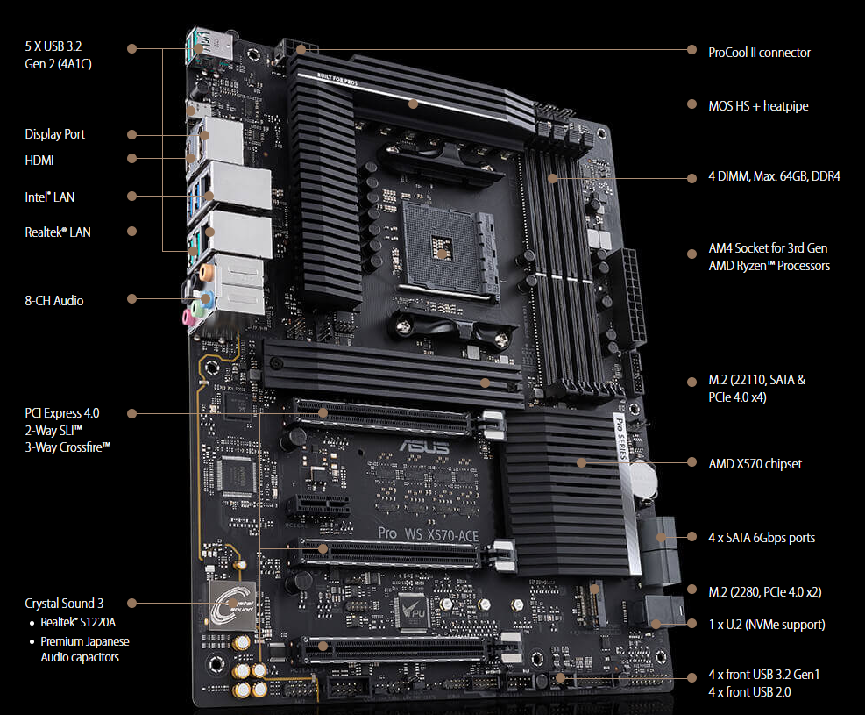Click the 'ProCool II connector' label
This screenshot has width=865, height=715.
point(759,53)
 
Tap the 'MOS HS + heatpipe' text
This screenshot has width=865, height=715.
point(758,106)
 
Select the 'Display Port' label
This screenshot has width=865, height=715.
point(54,134)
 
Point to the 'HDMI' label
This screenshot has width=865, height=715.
point(39,161)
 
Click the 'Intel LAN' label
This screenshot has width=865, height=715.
point(49,197)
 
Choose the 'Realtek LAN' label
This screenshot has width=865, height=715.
point(57,232)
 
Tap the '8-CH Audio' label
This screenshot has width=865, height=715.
point(54,301)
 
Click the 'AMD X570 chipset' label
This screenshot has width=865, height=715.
point(755,464)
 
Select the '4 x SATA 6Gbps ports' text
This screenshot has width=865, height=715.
point(762,538)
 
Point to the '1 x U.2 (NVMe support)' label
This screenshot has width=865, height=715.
point(767,625)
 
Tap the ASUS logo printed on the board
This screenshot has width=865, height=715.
point(425,447)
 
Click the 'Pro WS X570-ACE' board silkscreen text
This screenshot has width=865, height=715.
point(428,534)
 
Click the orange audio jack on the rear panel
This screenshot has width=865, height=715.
point(206,271)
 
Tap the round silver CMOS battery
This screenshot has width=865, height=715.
point(643,479)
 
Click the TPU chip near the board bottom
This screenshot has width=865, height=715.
point(412,611)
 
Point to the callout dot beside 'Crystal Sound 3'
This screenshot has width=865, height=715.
point(131,604)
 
